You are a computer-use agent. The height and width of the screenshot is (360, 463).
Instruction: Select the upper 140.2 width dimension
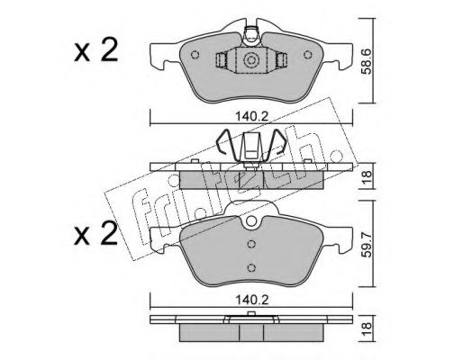[251, 117]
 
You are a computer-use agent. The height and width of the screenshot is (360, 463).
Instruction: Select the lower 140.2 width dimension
[251, 300]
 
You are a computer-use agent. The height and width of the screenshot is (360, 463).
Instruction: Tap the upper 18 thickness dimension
[368, 175]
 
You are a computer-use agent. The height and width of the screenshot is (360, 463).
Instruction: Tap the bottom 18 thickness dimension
[368, 327]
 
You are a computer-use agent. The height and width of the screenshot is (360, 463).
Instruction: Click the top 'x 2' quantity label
[95, 51]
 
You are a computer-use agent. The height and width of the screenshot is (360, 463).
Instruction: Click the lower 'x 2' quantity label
[95, 234]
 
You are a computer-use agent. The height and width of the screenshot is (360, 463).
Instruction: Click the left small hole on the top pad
[195, 55]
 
